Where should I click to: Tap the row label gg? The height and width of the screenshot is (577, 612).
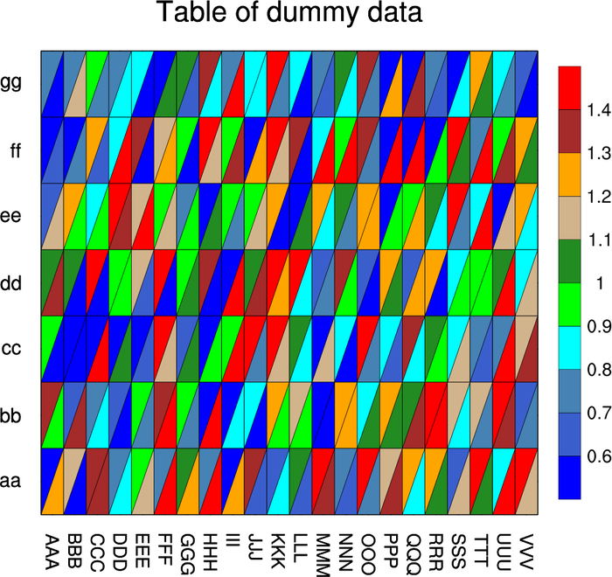11,84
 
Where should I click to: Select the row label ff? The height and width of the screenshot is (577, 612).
15,149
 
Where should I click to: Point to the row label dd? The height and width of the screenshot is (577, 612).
11,282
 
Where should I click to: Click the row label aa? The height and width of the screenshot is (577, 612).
11,480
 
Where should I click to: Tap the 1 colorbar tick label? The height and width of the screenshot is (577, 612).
595,283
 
